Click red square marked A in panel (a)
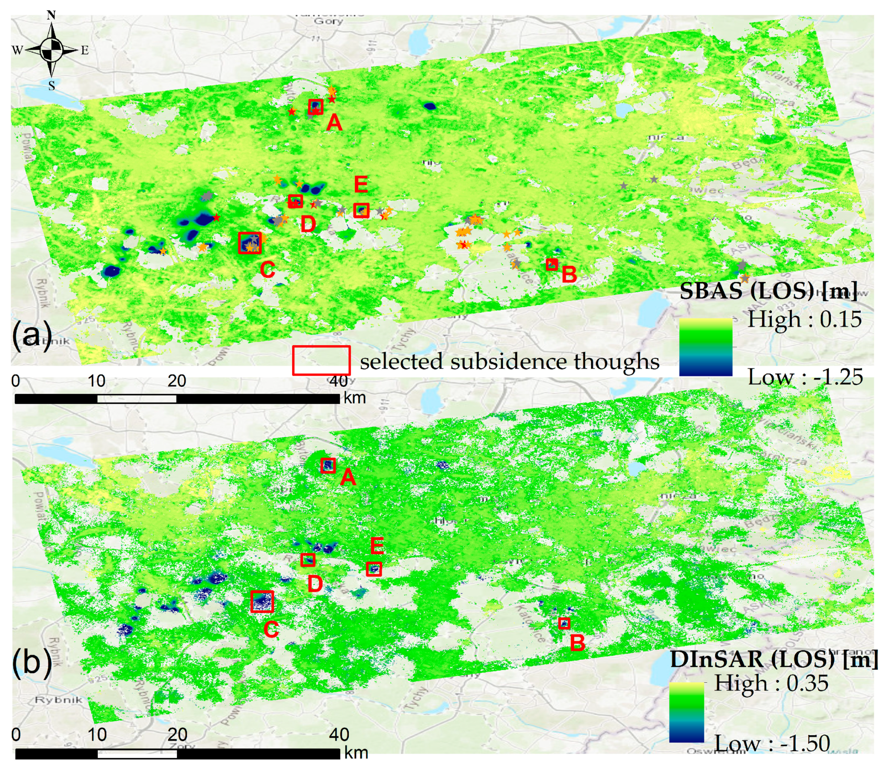coord(315,106)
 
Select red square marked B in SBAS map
coord(552,264)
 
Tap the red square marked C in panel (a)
coord(249,243)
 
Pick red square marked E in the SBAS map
coord(361,210)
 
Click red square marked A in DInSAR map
coord(328,465)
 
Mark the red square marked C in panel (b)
coord(262,601)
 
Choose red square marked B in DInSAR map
coord(564,623)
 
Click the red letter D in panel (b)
coord(315,584)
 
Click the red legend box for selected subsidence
coord(321,360)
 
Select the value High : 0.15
coord(804,319)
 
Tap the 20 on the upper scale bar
coord(176,381)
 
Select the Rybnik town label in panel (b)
coord(58,700)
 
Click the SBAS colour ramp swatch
coord(706,347)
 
